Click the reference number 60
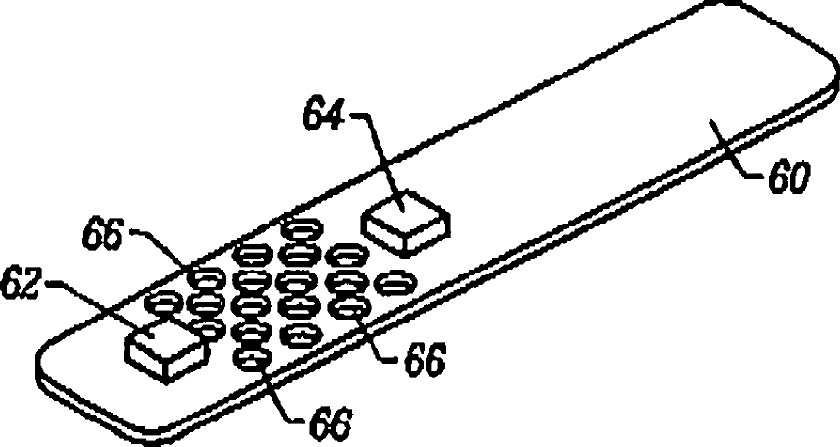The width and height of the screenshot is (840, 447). click(x=790, y=179)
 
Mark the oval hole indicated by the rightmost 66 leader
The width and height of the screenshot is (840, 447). click(x=348, y=306)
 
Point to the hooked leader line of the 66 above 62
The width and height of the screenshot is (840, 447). click(x=167, y=249)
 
